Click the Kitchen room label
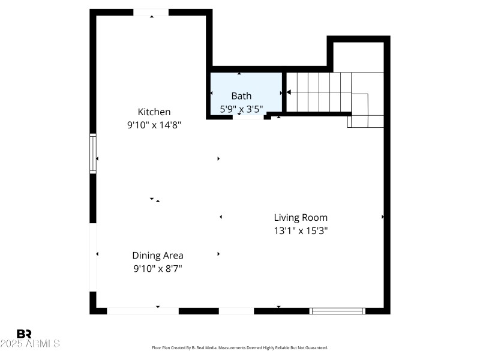tap(154, 112)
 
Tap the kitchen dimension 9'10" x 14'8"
tap(154, 125)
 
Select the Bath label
tap(241, 95)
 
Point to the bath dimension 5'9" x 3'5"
tap(241, 109)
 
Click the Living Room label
tap(301, 217)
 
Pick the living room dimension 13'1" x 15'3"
tap(301, 230)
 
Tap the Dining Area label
tap(158, 255)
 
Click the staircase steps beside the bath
tap(318, 92)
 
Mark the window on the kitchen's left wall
tap(93, 153)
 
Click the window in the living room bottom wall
tap(337, 311)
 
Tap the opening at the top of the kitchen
tap(151, 13)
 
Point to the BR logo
tap(25, 334)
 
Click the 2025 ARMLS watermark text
tap(30, 344)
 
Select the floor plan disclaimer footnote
tap(240, 347)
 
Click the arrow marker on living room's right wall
tap(382, 217)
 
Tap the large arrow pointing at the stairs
tap(289, 92)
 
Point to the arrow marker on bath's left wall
tap(212, 94)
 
